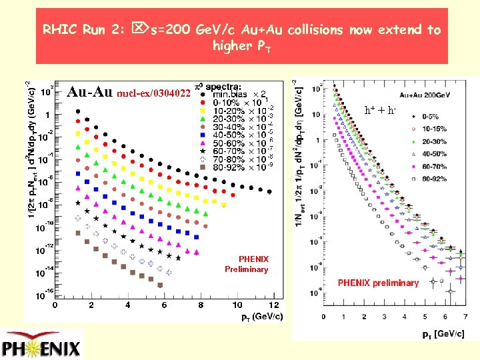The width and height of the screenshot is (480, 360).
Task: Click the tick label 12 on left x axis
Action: coord(273,305)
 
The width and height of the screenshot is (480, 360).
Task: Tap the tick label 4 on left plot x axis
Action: coord(128,305)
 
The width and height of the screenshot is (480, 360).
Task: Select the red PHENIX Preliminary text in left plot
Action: coord(247,264)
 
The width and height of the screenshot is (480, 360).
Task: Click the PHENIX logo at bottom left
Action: coord(41,347)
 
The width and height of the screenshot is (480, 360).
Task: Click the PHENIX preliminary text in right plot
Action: coord(378,283)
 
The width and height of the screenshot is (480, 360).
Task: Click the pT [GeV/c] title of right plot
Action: coord(442,333)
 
